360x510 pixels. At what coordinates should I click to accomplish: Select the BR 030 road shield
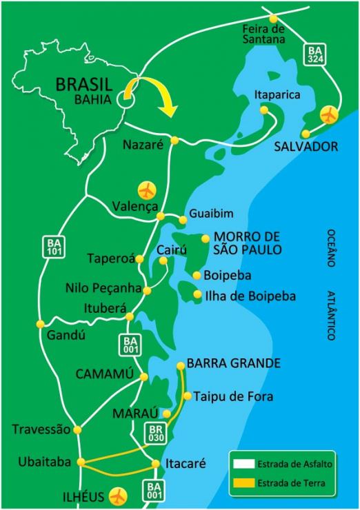[154, 433]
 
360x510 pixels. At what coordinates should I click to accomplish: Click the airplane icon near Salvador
[331, 113]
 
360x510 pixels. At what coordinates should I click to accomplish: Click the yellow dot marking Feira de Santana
[274, 19]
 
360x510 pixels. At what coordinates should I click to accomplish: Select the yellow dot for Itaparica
[264, 109]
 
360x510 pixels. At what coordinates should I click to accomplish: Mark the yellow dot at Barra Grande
[181, 366]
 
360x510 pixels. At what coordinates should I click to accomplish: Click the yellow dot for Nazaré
[174, 141]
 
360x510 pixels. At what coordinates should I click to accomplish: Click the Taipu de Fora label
[233, 396]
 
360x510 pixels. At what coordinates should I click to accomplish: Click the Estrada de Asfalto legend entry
[283, 465]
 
